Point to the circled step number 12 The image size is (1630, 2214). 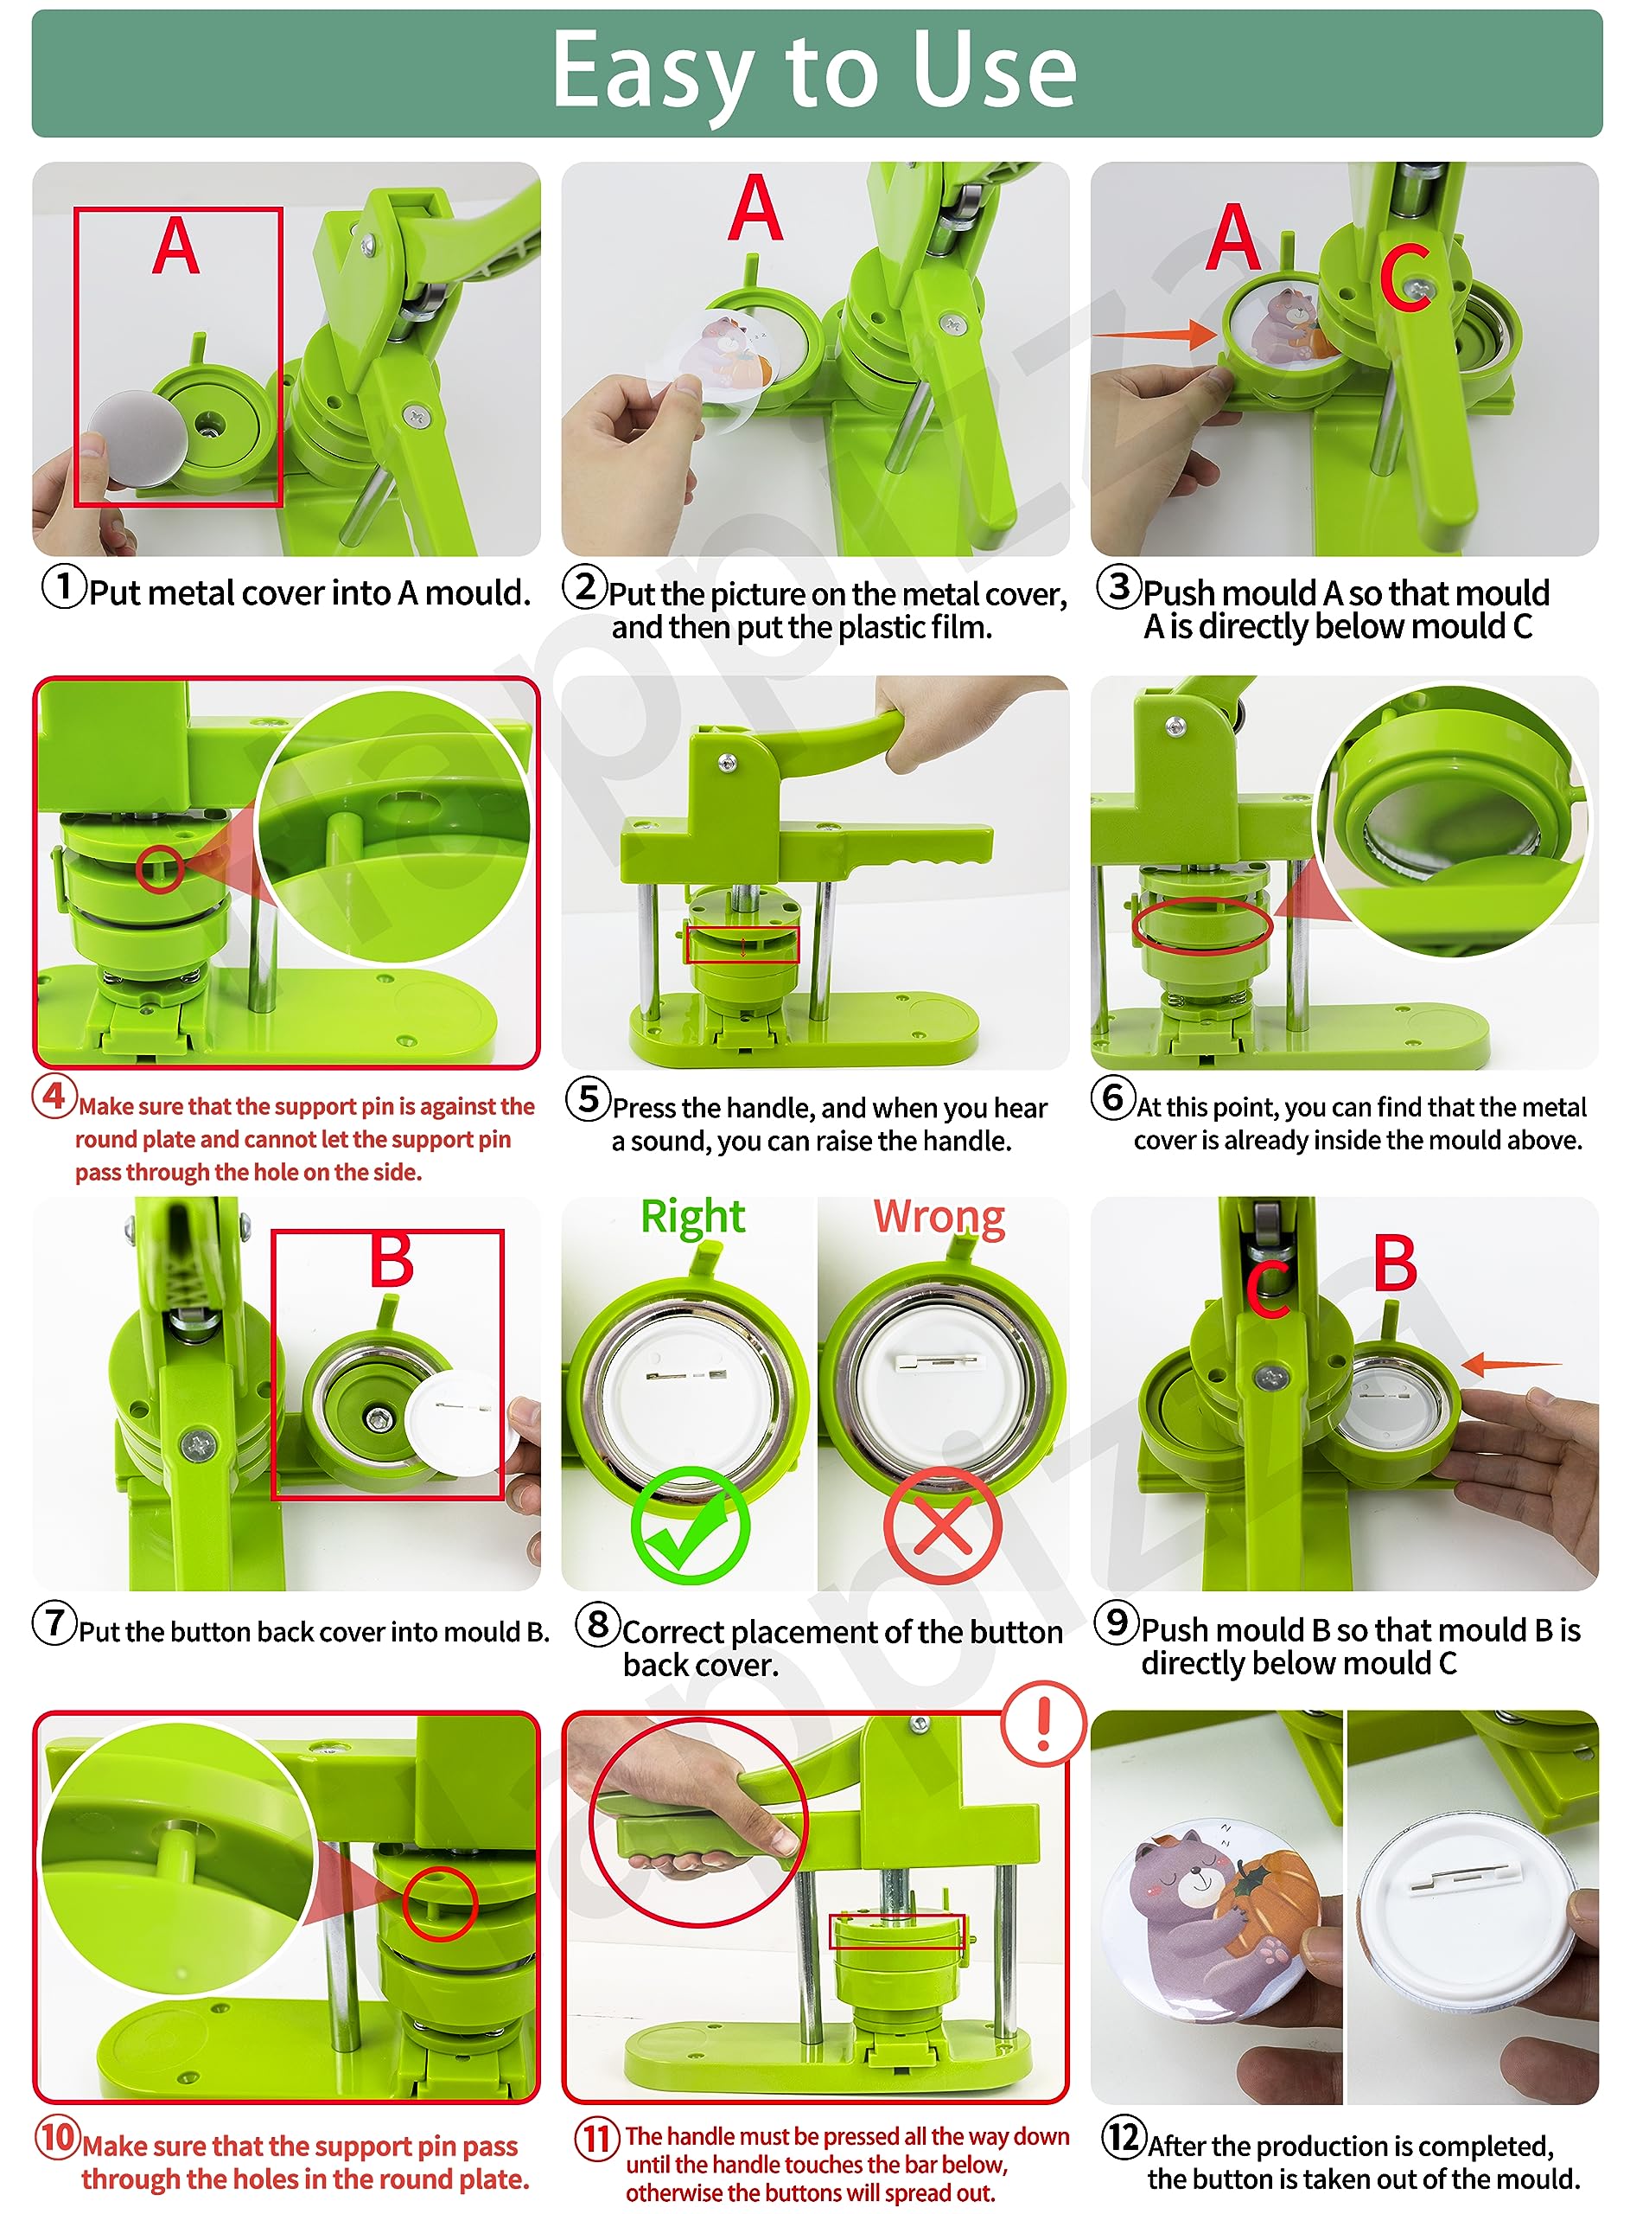(1124, 2137)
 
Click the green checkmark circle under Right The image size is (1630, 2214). (690, 1525)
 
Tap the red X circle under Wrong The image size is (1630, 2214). (941, 1525)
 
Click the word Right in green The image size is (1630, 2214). (692, 1216)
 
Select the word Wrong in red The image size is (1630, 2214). (939, 1216)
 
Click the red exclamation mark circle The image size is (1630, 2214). (1043, 1724)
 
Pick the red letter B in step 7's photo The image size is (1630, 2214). (391, 1259)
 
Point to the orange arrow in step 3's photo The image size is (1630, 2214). (1156, 334)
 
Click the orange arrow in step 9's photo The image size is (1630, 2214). (1511, 1364)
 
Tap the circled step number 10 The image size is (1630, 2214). (57, 2137)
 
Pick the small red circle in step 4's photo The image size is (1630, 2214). (159, 868)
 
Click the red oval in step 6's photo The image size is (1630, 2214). (1202, 926)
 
